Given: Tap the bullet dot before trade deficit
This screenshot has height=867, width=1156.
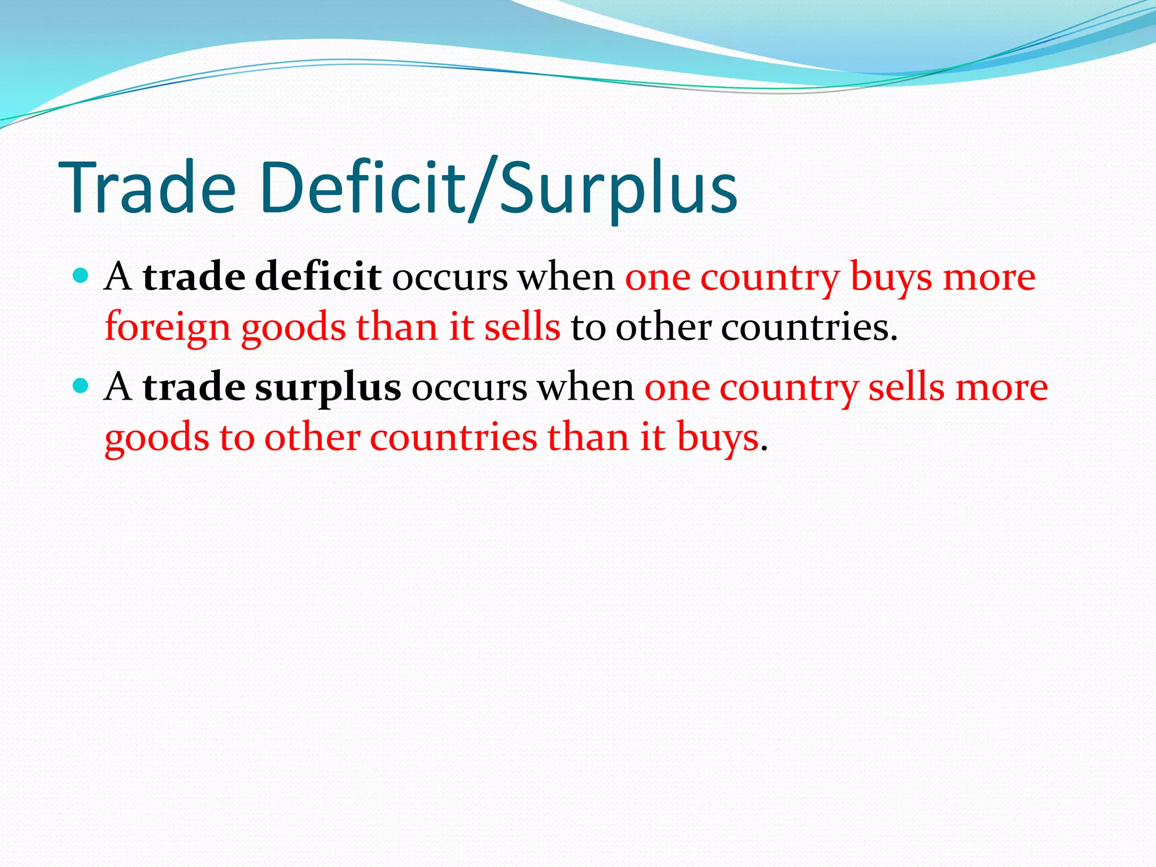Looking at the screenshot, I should pos(81,275).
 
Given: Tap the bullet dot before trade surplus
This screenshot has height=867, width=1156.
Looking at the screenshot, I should pos(81,386).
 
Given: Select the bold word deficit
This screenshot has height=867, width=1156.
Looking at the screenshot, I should pos(318,277).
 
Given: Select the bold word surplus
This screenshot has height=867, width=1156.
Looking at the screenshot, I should pos(328,387).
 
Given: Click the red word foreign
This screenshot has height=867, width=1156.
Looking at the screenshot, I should pos(168,327).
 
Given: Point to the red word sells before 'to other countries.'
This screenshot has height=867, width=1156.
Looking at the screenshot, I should pos(522,327).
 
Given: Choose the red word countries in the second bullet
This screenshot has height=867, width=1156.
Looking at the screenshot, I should pos(453,437).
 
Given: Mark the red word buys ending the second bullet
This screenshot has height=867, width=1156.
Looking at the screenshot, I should pos(718,438).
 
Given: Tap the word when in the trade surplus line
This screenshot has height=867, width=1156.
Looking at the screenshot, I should pos(585,387).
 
